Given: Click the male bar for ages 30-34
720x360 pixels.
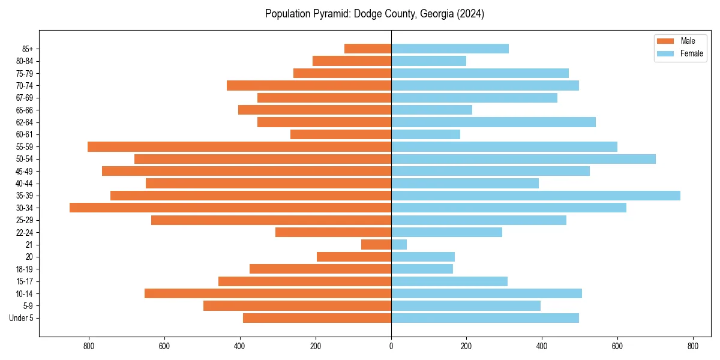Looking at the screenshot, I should click(230, 208).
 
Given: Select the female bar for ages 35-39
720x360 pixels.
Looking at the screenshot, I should click(536, 196).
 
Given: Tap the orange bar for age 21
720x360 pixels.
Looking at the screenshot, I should click(376, 244).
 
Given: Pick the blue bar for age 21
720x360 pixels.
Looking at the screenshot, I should click(399, 244).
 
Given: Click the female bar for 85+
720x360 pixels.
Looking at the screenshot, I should click(450, 49).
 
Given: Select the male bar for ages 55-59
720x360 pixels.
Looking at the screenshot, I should click(239, 146).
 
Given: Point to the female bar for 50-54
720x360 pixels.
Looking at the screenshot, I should click(523, 159).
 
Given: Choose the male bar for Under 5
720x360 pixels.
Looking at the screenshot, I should click(317, 318).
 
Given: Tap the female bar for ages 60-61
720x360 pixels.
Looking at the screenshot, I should click(425, 134).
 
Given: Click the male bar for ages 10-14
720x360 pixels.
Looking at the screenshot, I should click(268, 293).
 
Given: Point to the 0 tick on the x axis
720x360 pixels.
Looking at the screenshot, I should click(391, 346).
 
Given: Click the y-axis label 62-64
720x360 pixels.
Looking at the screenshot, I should click(25, 122).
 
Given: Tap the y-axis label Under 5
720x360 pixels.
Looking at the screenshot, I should click(21, 318).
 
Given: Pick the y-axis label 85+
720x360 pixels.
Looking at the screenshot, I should click(27, 49).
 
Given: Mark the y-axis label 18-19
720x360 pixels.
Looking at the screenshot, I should click(25, 269).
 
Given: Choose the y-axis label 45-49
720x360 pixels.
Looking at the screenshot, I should click(25, 171).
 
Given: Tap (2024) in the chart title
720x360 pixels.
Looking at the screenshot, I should click(469, 14).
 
